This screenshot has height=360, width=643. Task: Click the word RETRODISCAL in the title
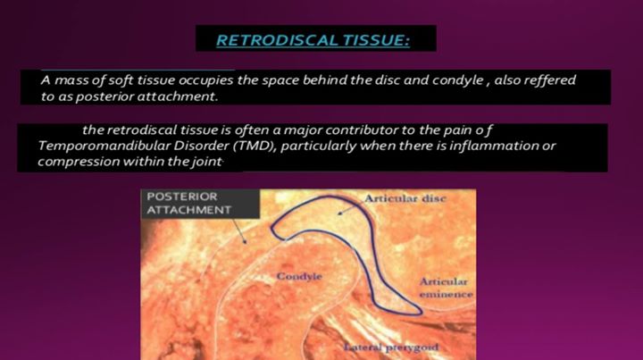click(x=278, y=40)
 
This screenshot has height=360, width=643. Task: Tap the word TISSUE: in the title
click(x=376, y=40)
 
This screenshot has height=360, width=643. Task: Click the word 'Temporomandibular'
click(x=104, y=146)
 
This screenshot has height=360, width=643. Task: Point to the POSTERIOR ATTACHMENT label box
click(x=200, y=204)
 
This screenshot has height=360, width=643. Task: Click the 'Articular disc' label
click(x=405, y=198)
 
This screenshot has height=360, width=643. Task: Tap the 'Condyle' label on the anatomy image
click(x=299, y=276)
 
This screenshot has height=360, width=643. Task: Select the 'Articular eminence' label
click(x=446, y=288)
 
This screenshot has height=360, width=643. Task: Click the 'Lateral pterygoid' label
click(x=391, y=347)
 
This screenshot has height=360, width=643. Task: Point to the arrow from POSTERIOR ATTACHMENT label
click(x=240, y=231)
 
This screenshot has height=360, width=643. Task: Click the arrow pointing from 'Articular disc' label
click(x=350, y=209)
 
